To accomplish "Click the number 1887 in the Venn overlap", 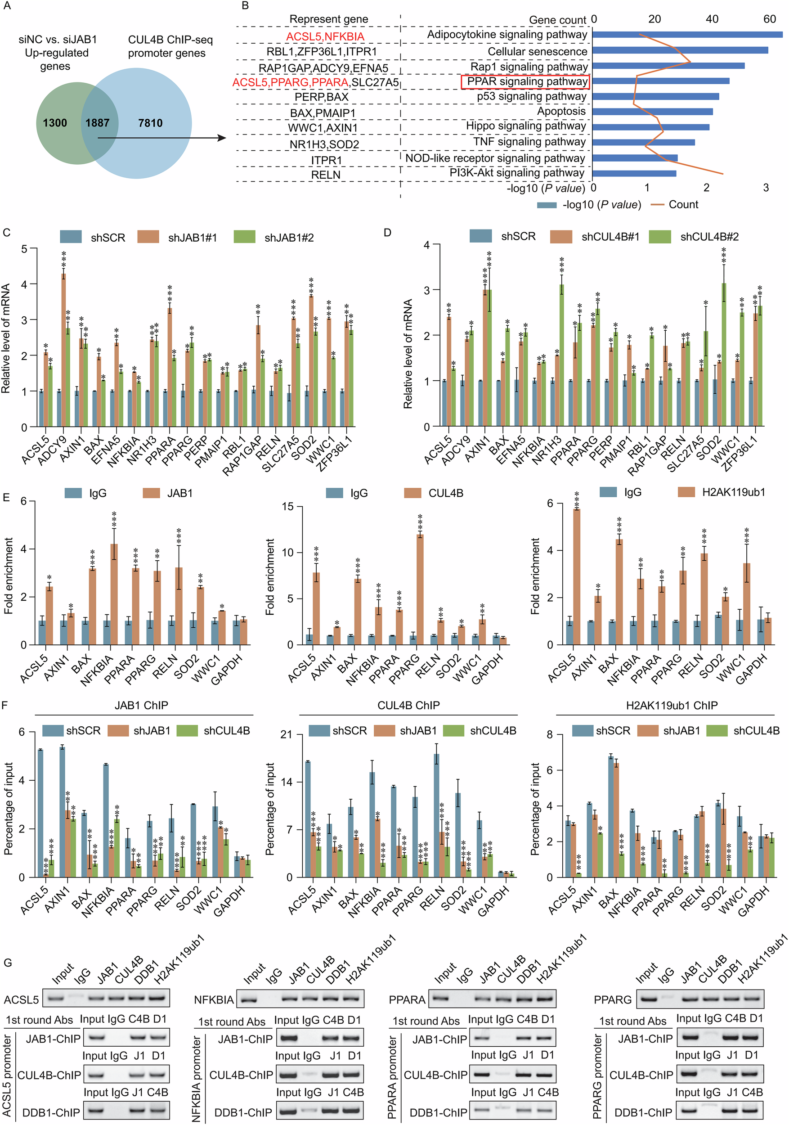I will pos(98,123).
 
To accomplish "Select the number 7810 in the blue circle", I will pos(150,123).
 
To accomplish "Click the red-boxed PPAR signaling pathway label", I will pos(525,81).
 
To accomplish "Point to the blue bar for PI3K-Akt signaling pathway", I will pos(634,173).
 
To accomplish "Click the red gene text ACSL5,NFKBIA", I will pos(325,37).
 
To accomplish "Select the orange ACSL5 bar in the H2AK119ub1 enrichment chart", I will pos(576,576).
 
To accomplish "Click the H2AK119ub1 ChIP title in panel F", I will pos(672,706).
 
